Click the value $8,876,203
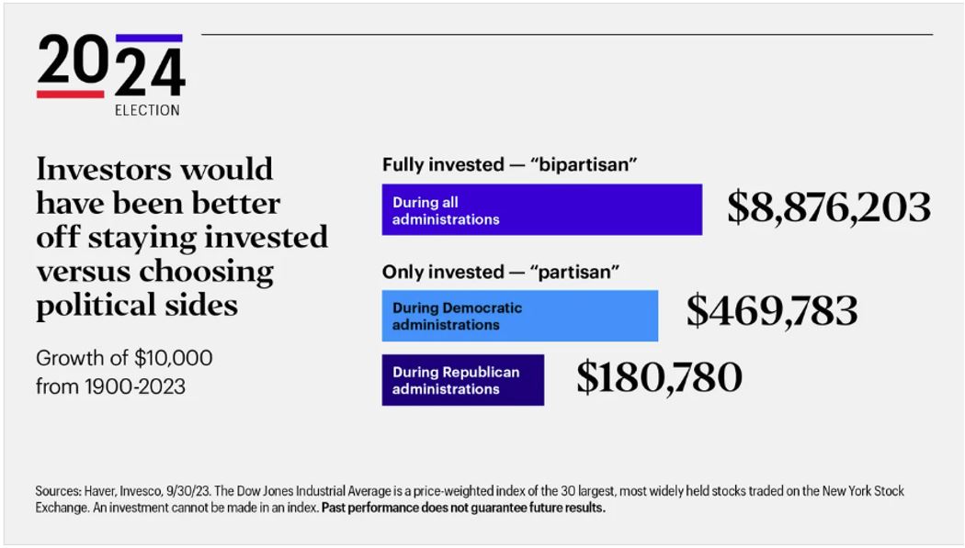coord(828,207)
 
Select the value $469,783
coord(772,310)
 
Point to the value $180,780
coord(659,376)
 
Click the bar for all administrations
coord(541,209)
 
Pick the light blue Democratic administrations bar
coord(519,316)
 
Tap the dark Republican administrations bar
coord(463,380)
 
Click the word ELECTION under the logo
coord(147,110)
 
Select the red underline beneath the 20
coord(70,94)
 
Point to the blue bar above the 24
coord(149,38)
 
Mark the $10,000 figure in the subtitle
coord(174,358)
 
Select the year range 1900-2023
coord(135,386)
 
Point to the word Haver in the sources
coord(99,491)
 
